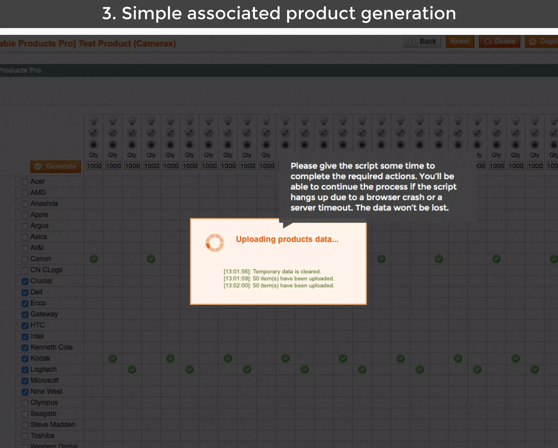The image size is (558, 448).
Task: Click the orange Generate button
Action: [56, 166]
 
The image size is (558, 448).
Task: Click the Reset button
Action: [460, 41]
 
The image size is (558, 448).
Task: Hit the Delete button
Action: [499, 41]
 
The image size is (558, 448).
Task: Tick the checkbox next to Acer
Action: [25, 182]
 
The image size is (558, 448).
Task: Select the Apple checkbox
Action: [25, 215]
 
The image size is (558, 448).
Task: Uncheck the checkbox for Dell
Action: [25, 293]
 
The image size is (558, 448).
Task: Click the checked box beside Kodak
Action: [25, 359]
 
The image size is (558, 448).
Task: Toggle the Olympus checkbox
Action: [25, 403]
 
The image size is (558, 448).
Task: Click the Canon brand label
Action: [41, 259]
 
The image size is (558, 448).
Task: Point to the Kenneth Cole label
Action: [51, 347]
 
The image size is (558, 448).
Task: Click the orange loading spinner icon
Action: [215, 243]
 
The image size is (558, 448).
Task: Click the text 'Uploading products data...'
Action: [287, 239]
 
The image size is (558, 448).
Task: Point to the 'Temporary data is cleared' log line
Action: [287, 272]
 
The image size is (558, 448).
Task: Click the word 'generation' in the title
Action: [408, 13]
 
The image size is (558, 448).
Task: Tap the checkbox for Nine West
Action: [25, 392]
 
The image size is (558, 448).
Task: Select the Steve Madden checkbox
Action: [25, 425]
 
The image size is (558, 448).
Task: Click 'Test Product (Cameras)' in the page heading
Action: [127, 44]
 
